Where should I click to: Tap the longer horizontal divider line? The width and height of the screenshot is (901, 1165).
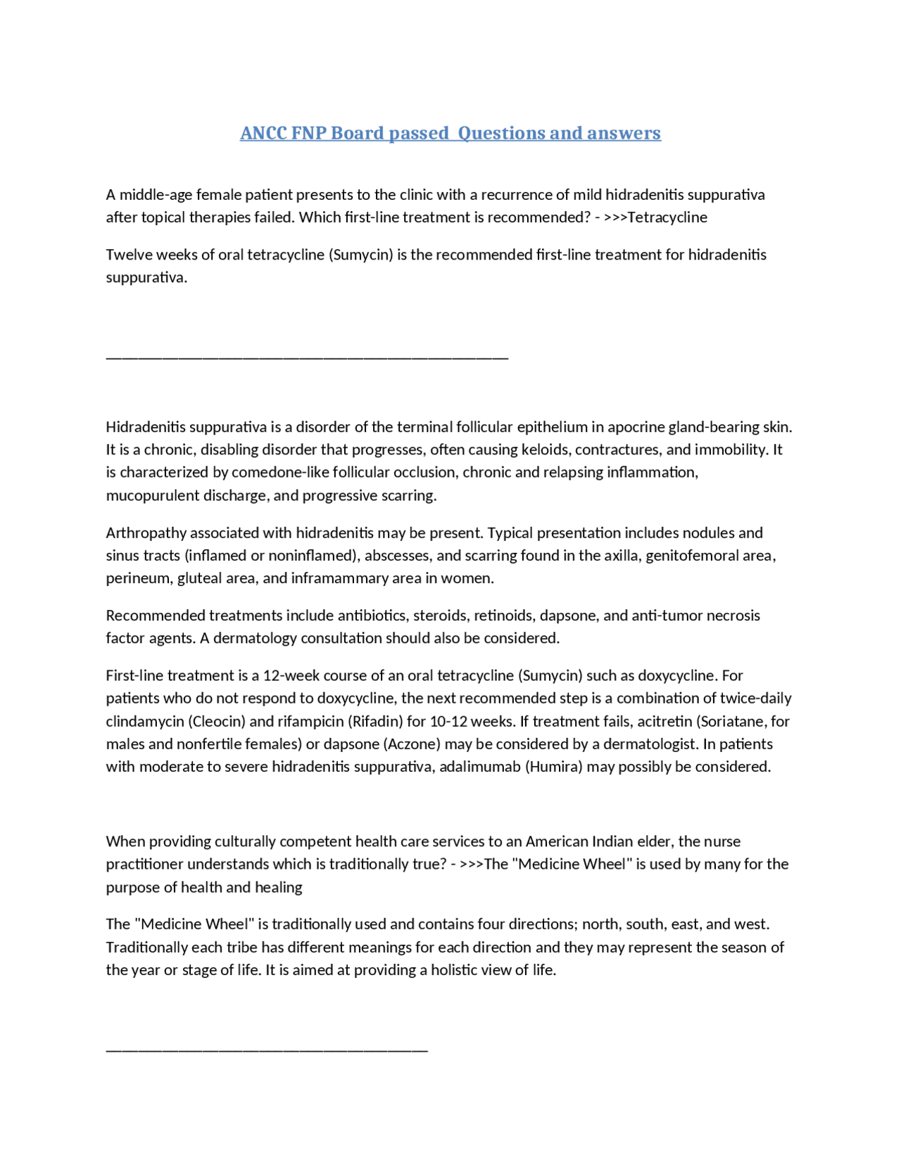coord(307,358)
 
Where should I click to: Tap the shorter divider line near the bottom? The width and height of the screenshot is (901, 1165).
coord(267,1051)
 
